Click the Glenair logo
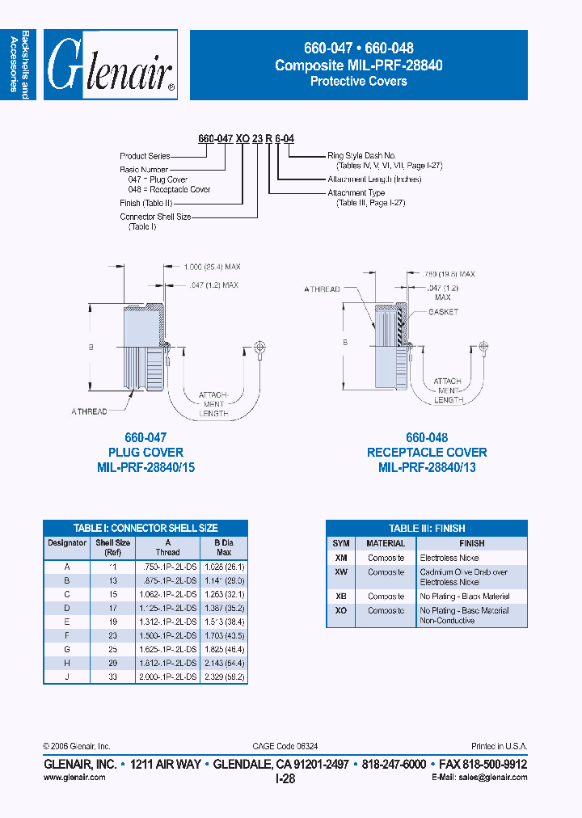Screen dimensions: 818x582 point(110,65)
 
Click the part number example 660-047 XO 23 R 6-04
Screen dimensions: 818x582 point(246,139)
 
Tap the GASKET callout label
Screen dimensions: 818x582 point(444,312)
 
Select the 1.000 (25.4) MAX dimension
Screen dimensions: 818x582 point(212,266)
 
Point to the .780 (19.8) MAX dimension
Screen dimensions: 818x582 point(450,274)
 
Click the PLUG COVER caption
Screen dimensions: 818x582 point(145,453)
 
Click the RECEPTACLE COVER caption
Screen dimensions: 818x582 point(427,453)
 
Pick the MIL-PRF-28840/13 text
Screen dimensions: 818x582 point(427,468)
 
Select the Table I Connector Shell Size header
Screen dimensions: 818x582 point(145,528)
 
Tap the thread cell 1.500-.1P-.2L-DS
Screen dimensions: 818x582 point(167,635)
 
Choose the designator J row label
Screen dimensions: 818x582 point(67,677)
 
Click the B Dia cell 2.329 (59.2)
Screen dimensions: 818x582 point(226,677)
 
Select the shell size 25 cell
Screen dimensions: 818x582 point(112,649)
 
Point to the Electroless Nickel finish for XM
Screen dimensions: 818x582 point(449,559)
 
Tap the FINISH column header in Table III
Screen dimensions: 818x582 point(472,544)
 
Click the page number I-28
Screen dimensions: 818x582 point(285,778)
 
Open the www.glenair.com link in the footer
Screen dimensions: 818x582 point(74,778)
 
